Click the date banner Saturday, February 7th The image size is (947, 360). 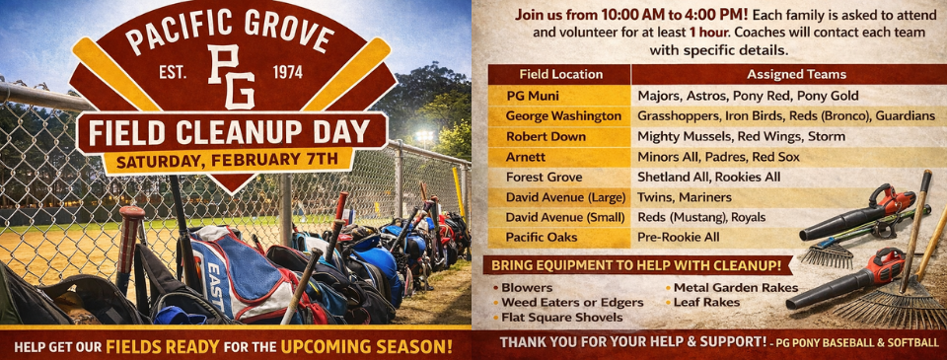(x=228, y=160)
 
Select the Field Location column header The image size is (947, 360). (x=559, y=74)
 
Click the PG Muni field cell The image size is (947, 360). (x=534, y=96)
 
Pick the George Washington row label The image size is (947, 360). (x=563, y=115)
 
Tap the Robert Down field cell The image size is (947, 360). (x=546, y=136)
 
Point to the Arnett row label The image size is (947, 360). (x=528, y=157)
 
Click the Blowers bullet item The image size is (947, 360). (x=527, y=288)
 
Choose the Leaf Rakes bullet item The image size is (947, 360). (x=706, y=302)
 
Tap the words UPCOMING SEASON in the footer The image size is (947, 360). (x=367, y=346)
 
